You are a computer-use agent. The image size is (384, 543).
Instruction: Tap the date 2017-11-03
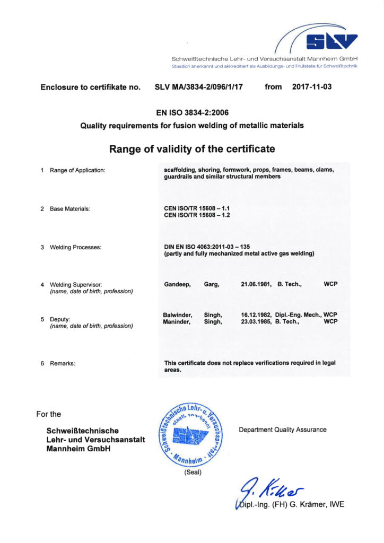[312, 86]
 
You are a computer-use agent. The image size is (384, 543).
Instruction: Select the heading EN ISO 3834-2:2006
[192, 112]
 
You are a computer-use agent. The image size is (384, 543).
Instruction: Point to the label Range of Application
[77, 170]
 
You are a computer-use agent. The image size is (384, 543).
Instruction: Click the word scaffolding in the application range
[180, 170]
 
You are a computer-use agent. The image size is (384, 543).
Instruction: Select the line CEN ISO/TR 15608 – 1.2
[197, 215]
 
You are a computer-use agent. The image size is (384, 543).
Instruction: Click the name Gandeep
[178, 284]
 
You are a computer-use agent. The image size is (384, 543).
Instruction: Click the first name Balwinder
[178, 314]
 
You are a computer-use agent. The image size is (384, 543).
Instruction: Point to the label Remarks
[63, 363]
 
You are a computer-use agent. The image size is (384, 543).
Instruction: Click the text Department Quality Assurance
[283, 430]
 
